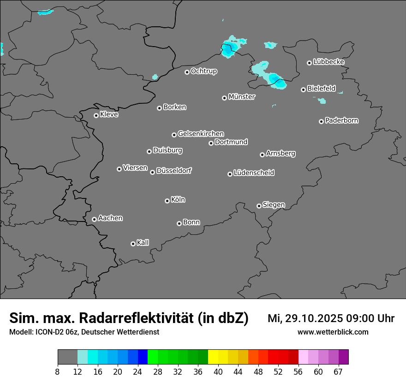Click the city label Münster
(241, 97)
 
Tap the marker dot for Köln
(167, 201)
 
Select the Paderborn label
(341, 120)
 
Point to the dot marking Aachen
(94, 219)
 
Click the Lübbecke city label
(328, 62)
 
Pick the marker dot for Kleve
(96, 115)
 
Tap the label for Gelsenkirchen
(201, 134)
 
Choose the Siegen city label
(274, 205)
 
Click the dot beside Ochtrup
(187, 72)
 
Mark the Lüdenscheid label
(254, 173)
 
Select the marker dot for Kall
(133, 244)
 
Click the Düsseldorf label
(174, 171)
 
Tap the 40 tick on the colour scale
(218, 372)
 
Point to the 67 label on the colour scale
(338, 372)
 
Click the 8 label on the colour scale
(58, 372)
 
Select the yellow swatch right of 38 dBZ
(213, 357)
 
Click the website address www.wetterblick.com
(333, 332)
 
